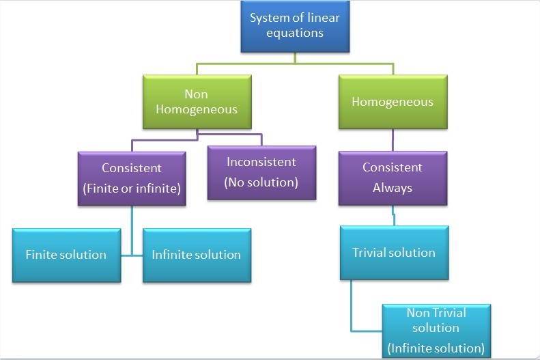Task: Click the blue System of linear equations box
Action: point(295,26)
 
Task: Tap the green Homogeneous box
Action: point(393,102)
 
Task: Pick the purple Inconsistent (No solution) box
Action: point(261,172)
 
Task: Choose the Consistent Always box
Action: point(393,177)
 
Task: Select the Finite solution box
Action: point(66,255)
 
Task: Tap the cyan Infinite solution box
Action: point(197,255)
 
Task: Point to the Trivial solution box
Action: point(394,252)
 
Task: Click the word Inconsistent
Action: point(261,162)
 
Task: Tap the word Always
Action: point(393,187)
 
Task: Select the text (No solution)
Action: point(261,183)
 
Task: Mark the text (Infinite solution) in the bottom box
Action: point(436,348)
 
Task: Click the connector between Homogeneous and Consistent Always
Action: point(393,139)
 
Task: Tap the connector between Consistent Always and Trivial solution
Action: point(393,216)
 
